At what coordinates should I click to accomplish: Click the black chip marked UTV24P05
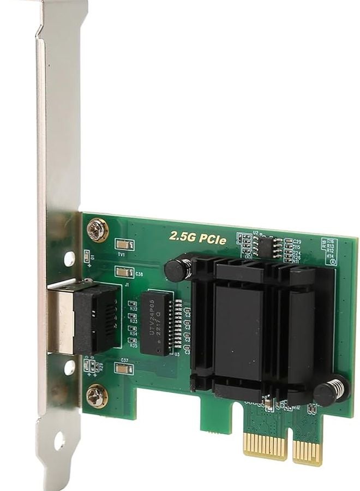coord(156,322)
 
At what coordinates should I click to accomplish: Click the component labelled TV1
coord(124,245)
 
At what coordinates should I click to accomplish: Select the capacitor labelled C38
coord(124,272)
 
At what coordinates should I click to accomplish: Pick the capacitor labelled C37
coord(124,369)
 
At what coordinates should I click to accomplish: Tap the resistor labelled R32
coord(133,304)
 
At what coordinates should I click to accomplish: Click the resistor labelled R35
coord(133,341)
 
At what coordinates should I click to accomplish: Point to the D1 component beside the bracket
coord(87,256)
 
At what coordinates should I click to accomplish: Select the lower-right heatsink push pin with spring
coord(331,391)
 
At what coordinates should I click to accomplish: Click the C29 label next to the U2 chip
coord(297,241)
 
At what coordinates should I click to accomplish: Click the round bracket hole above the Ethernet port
coord(69,259)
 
